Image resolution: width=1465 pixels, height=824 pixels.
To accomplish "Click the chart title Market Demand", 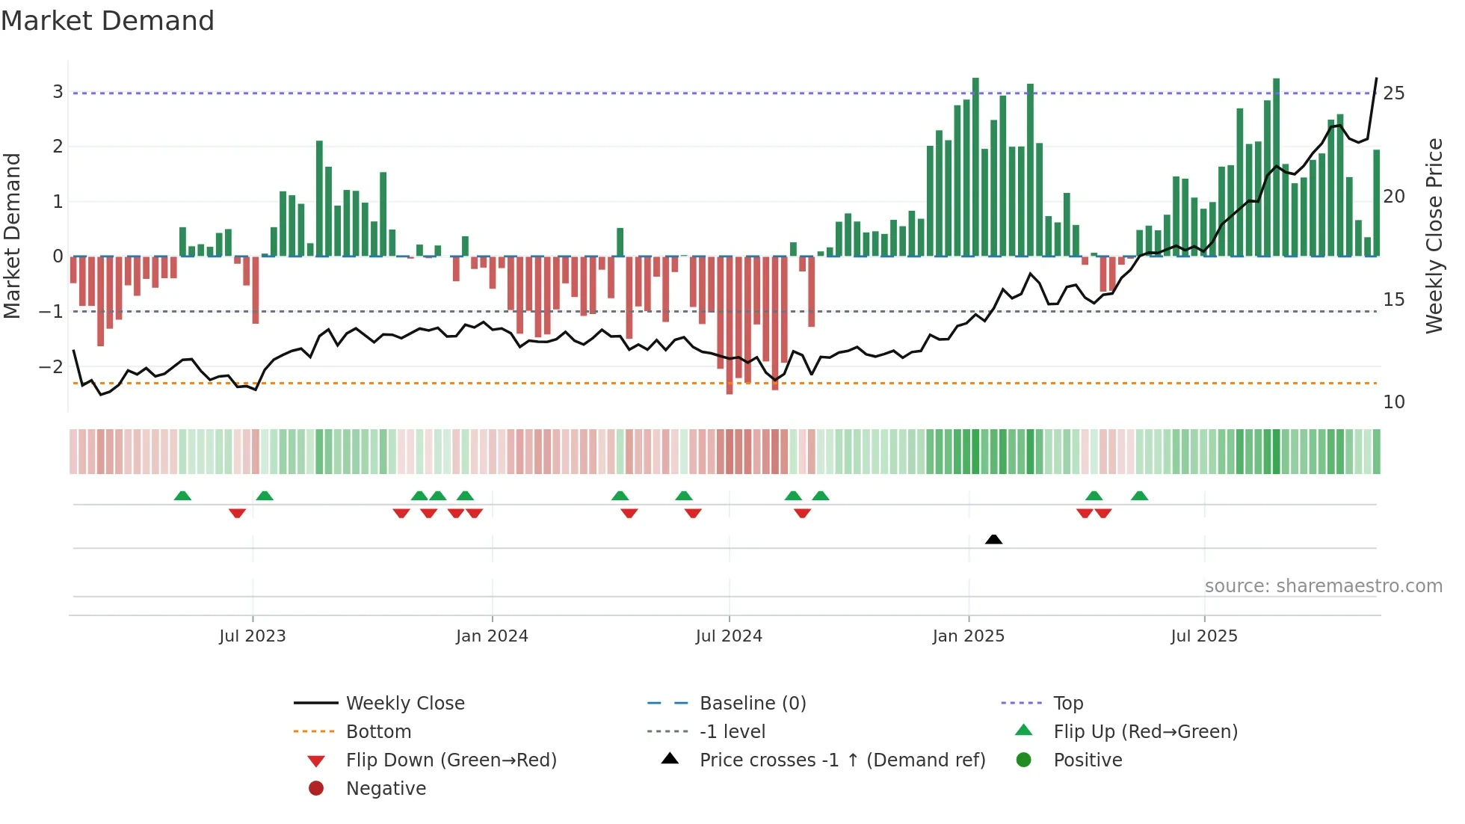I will (108, 21).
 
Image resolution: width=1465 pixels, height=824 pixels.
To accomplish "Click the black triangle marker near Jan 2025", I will (993, 539).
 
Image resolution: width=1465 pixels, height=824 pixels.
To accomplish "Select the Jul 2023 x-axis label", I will (253, 636).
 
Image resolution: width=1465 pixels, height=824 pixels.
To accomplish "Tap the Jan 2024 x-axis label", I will (492, 636).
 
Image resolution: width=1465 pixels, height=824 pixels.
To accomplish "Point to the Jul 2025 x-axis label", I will (1204, 636).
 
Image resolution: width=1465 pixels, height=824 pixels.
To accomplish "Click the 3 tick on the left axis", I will (58, 92).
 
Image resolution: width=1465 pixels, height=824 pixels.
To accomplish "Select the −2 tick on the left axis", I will (51, 366).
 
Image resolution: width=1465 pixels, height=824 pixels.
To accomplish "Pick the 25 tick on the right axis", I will (1394, 93).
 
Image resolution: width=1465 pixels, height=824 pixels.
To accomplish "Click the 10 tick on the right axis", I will (1394, 402).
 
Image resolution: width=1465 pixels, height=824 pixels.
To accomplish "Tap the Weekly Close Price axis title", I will (1434, 236).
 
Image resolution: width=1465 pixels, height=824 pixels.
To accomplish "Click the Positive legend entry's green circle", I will (1024, 760).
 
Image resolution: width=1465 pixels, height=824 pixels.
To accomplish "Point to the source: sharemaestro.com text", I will (1323, 586).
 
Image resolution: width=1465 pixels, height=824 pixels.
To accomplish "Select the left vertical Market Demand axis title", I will (12, 236).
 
